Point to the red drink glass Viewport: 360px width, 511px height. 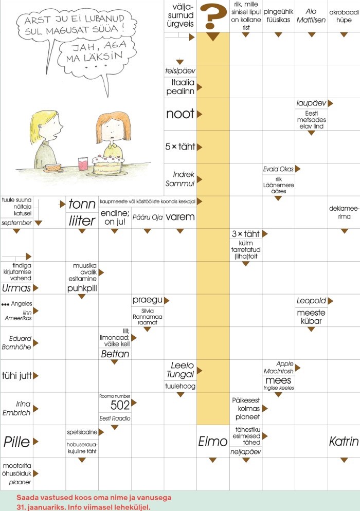[83, 163]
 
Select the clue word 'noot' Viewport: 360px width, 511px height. [180, 114]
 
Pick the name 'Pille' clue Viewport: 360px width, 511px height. [16, 441]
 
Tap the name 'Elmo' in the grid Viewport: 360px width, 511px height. [212, 441]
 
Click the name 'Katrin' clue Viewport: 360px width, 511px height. [344, 441]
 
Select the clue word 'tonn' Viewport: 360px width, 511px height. [82, 204]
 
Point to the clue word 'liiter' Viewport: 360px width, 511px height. [82, 221]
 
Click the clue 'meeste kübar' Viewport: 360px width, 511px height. [311, 317]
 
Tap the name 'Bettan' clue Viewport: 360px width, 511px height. [115, 354]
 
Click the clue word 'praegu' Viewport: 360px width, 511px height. [147, 300]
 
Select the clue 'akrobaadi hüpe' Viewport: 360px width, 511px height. [344, 16]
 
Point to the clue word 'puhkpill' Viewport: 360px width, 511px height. [82, 288]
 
